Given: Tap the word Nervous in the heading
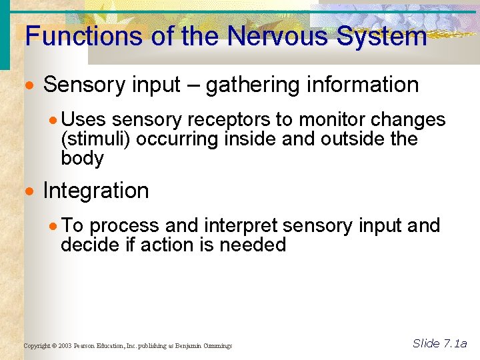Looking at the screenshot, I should click(x=277, y=36).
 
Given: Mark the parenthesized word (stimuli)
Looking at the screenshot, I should click(x=92, y=140).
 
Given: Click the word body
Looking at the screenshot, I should click(x=82, y=159).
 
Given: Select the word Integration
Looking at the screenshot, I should click(x=96, y=191).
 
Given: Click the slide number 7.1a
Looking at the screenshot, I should click(x=455, y=344).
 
